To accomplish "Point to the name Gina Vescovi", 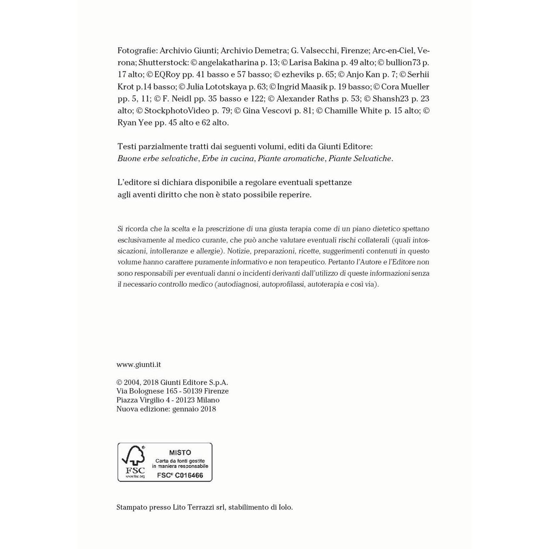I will click(x=267, y=111).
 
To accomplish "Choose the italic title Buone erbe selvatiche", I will click(x=158, y=158).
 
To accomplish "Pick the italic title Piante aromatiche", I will click(x=291, y=158).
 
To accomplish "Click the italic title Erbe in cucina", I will click(x=228, y=158).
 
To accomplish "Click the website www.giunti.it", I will click(x=139, y=365).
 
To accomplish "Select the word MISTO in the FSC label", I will click(x=180, y=452).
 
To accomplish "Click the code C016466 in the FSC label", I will click(x=189, y=475).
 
